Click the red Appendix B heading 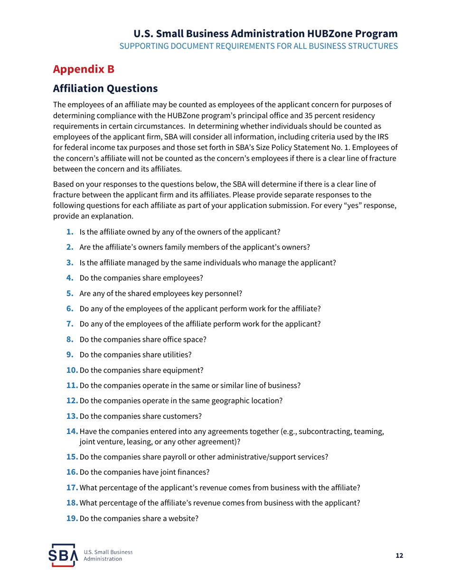pos(84,69)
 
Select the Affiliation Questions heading pos(105,88)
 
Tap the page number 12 pos(399,556)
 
